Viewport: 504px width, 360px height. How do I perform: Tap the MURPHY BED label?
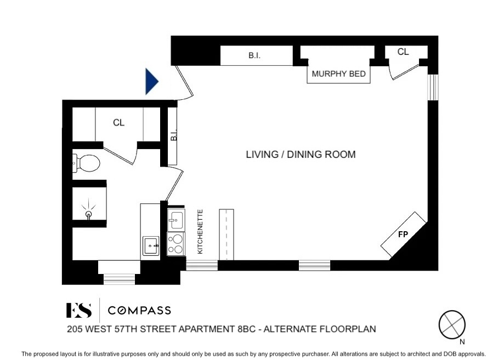pos(338,74)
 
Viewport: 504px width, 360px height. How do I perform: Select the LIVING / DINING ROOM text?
pos(301,155)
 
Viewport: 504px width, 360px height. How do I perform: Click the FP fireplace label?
pos(403,235)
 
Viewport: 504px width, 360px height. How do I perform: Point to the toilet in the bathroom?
pos(87,163)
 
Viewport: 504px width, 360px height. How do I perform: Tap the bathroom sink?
pos(151,246)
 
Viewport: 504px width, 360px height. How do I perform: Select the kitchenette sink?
pos(176,220)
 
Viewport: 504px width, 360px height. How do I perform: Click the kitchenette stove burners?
pos(176,244)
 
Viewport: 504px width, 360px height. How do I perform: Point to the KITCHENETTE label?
pos(200,232)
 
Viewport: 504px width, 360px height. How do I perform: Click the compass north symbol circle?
pos(452,324)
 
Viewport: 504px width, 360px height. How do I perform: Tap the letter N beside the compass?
pos(462,342)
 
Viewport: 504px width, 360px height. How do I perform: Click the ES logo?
pos(79,310)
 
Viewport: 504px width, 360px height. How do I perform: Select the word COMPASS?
pos(139,311)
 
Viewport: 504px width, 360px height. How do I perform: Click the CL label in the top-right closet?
pos(403,52)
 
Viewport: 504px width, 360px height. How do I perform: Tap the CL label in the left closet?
pos(118,123)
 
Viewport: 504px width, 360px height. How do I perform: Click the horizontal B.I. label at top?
pos(254,55)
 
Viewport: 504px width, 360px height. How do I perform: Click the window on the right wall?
pos(433,87)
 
